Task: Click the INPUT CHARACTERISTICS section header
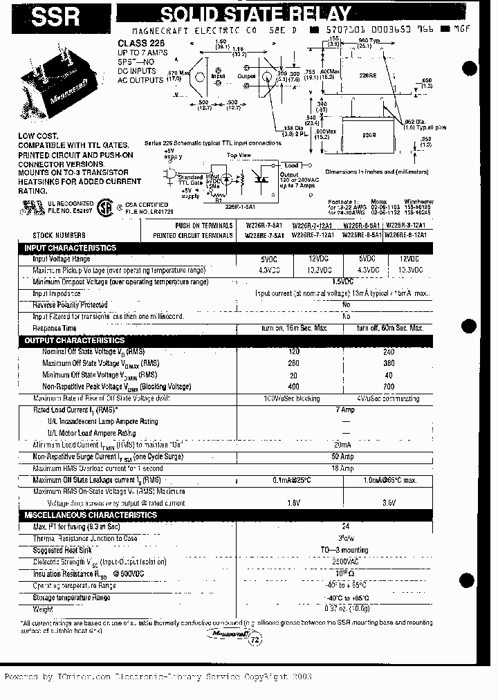click(x=71, y=248)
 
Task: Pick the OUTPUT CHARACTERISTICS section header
click(x=75, y=340)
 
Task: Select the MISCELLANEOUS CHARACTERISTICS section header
click(x=91, y=515)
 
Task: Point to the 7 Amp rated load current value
click(x=345, y=409)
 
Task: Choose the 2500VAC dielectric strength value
click(x=345, y=562)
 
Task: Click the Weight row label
click(x=42, y=609)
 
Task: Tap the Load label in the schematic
click(x=291, y=165)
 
